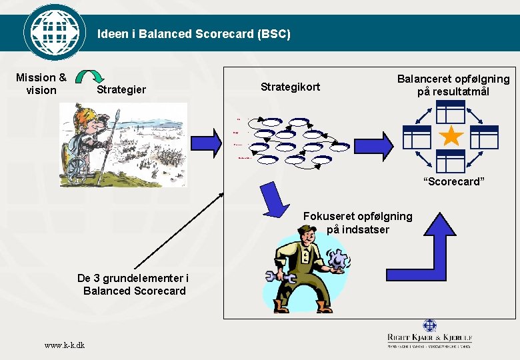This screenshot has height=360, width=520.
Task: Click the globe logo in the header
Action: (55, 32)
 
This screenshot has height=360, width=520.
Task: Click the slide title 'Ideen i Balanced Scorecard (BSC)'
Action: (194, 33)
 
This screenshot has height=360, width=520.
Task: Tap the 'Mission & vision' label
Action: (41, 84)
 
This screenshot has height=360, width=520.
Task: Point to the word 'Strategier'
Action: (121, 89)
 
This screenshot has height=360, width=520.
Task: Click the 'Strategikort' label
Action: (290, 87)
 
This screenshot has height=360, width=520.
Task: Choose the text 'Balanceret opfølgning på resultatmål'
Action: (453, 85)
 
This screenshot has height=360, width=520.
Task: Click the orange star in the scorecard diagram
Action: (451, 137)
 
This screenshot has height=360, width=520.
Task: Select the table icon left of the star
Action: (417, 137)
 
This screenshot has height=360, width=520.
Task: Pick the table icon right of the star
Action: (485, 137)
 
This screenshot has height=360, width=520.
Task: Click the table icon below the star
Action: (451, 162)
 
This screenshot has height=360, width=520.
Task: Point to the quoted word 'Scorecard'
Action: (454, 182)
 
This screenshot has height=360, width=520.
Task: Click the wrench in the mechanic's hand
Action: (275, 276)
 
